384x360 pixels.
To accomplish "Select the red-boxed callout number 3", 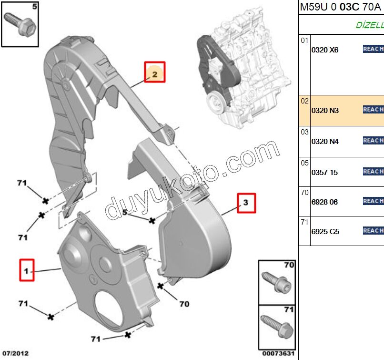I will pyautogui.click(x=246, y=203).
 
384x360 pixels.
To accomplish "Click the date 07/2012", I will pyautogui.click(x=15, y=353).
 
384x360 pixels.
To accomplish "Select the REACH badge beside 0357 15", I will pyautogui.click(x=373, y=171).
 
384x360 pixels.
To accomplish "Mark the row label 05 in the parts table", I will pyautogui.click(x=304, y=163).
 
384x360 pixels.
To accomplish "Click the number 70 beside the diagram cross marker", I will pyautogui.click(x=184, y=303).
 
